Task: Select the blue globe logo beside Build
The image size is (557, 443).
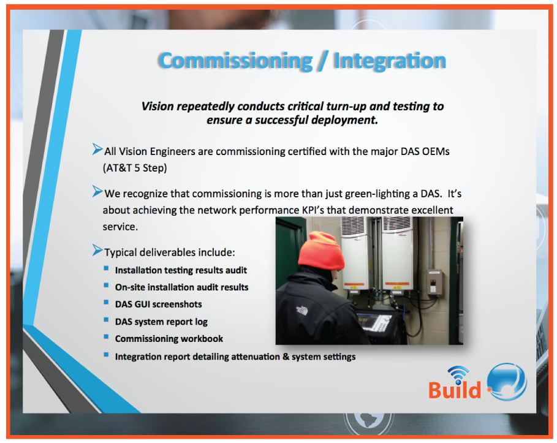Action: point(507,381)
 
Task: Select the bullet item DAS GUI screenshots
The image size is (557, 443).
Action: point(158,304)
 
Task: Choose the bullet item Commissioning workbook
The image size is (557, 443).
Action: point(169,338)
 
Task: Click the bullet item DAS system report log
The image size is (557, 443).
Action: point(161,321)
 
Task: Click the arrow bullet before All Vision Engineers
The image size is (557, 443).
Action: point(97,149)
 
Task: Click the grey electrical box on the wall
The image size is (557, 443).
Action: point(434,283)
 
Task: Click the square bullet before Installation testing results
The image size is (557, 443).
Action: point(106,269)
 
